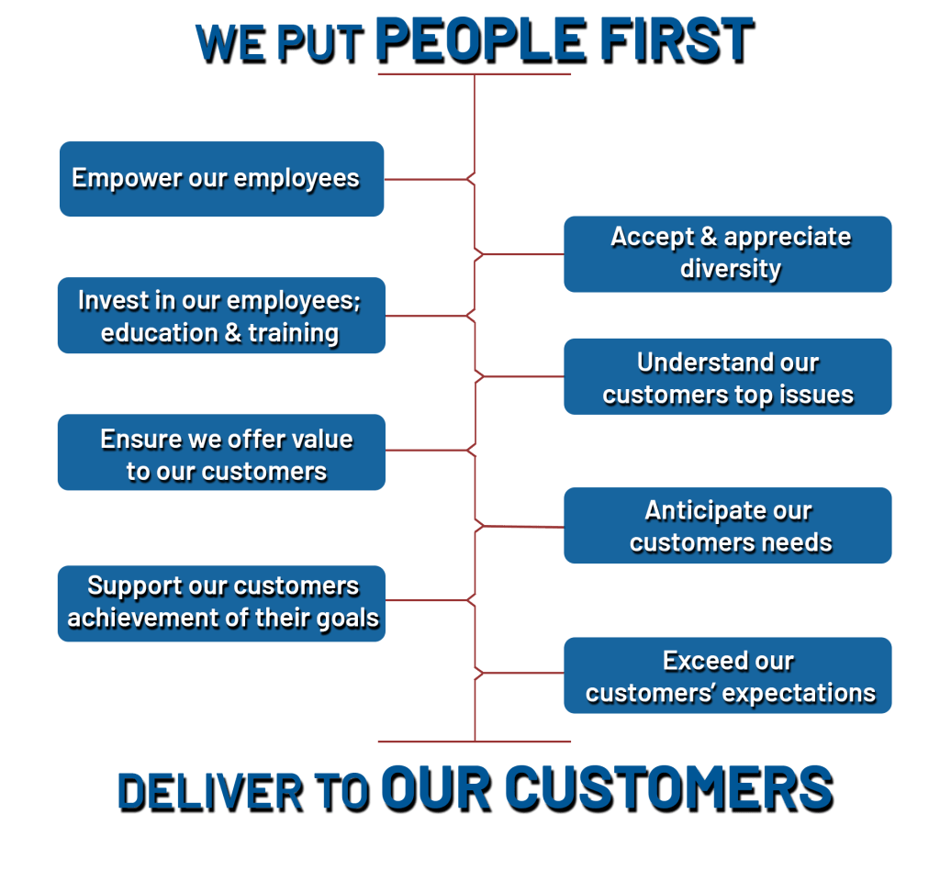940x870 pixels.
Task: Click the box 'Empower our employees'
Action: coord(221,179)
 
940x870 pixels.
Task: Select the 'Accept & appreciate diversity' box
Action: coord(727,253)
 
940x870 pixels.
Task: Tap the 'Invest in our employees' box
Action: coord(220,316)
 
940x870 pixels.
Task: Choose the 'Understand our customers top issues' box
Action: coord(727,376)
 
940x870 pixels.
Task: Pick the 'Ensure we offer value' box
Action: coord(220,452)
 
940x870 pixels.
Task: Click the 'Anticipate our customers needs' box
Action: coord(727,526)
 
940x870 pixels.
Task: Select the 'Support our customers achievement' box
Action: coord(220,602)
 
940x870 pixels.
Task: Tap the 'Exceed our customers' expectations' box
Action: coord(727,675)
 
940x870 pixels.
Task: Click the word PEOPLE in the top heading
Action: coord(479,40)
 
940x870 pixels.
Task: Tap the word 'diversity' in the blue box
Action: coord(731,269)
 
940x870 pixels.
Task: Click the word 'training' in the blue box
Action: coord(294,333)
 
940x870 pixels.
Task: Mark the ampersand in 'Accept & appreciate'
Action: coord(709,238)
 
